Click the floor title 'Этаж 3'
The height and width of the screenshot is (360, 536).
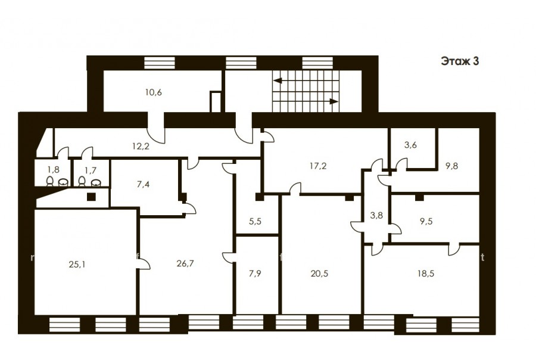[460, 61]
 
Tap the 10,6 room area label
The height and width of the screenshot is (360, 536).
[154, 92]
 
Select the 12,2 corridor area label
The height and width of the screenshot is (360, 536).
[141, 147]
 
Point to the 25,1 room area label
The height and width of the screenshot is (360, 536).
[77, 264]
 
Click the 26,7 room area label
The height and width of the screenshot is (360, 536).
[186, 263]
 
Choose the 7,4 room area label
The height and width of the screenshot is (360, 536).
[143, 185]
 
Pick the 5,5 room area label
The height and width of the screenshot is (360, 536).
[255, 221]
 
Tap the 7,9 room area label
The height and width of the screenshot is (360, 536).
[255, 274]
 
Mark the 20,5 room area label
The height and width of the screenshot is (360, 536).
[320, 274]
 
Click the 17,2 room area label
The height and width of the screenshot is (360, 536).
[318, 166]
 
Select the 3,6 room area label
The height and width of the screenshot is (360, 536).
[410, 145]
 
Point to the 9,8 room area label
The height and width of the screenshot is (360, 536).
[451, 166]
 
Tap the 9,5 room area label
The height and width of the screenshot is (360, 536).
[426, 221]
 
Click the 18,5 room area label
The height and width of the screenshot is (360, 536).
[426, 274]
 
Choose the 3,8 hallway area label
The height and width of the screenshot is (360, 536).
[376, 216]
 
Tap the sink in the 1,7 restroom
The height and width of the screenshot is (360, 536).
[95, 182]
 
